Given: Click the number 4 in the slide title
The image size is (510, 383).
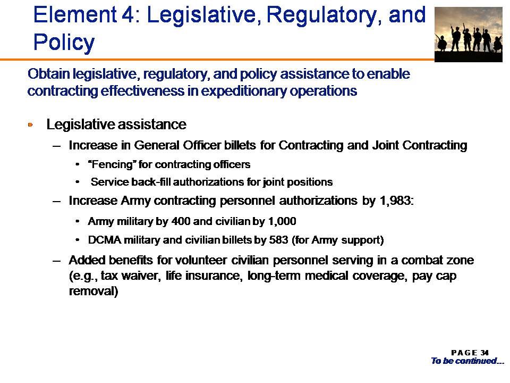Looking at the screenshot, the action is (126, 15).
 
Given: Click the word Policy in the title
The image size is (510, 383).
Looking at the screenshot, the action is (64, 43).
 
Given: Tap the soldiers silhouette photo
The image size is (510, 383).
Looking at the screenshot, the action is (469, 34).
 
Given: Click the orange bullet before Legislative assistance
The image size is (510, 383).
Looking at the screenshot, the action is (31, 124).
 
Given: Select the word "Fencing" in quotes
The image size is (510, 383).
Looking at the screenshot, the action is (110, 164).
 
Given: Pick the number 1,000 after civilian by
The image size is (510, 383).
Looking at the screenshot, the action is (282, 222).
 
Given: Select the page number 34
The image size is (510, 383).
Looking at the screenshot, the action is (484, 353).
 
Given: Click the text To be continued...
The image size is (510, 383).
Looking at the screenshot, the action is (467, 361).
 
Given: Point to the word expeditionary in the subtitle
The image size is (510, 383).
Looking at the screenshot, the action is (244, 91).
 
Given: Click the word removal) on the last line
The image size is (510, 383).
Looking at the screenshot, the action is (93, 291).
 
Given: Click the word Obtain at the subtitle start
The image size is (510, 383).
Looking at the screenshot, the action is (49, 74).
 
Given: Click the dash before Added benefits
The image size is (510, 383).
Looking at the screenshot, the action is (57, 261).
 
